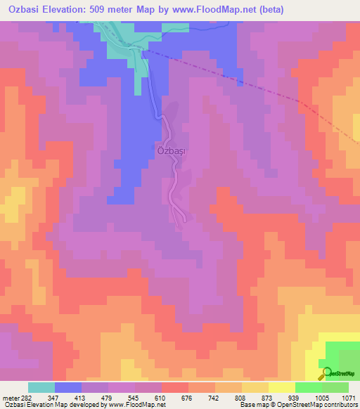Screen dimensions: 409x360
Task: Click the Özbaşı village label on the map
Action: [x=169, y=150]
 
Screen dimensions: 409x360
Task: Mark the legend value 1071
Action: [x=348, y=398]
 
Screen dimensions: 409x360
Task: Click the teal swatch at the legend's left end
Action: [x=41, y=387]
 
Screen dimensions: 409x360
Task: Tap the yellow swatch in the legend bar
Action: [x=282, y=387]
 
